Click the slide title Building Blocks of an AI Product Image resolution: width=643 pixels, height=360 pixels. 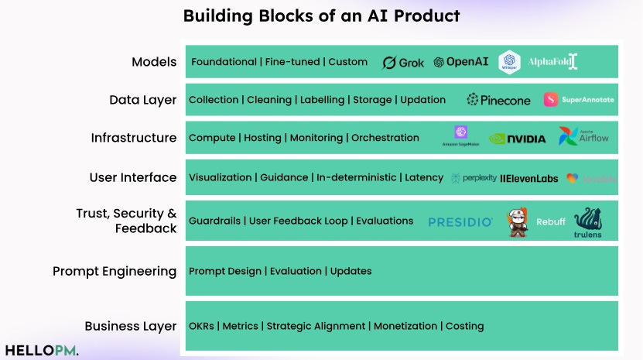pyautogui.click(x=321, y=15)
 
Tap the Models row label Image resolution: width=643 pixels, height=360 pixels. pyautogui.click(x=154, y=62)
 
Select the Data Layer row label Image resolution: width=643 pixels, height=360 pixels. pyautogui.click(x=143, y=100)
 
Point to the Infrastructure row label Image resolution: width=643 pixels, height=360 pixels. pyautogui.click(x=134, y=138)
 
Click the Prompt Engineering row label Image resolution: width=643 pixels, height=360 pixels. pyautogui.click(x=115, y=271)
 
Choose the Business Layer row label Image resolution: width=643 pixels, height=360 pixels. pyautogui.click(x=131, y=326)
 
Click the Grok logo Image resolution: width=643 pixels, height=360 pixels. pyautogui.click(x=403, y=63)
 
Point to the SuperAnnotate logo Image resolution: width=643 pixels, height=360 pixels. pyautogui.click(x=579, y=100)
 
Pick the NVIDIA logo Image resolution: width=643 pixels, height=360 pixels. pyautogui.click(x=517, y=139)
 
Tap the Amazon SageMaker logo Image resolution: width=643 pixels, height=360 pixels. pyautogui.click(x=461, y=136)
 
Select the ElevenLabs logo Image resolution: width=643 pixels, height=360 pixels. pyautogui.click(x=528, y=178)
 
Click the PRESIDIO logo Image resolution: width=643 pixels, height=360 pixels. pyautogui.click(x=460, y=222)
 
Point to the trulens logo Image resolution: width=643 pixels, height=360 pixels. pyautogui.click(x=588, y=223)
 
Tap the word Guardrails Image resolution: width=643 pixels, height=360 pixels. pyautogui.click(x=214, y=221)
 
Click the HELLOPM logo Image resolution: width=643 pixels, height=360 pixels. pyautogui.click(x=40, y=350)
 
